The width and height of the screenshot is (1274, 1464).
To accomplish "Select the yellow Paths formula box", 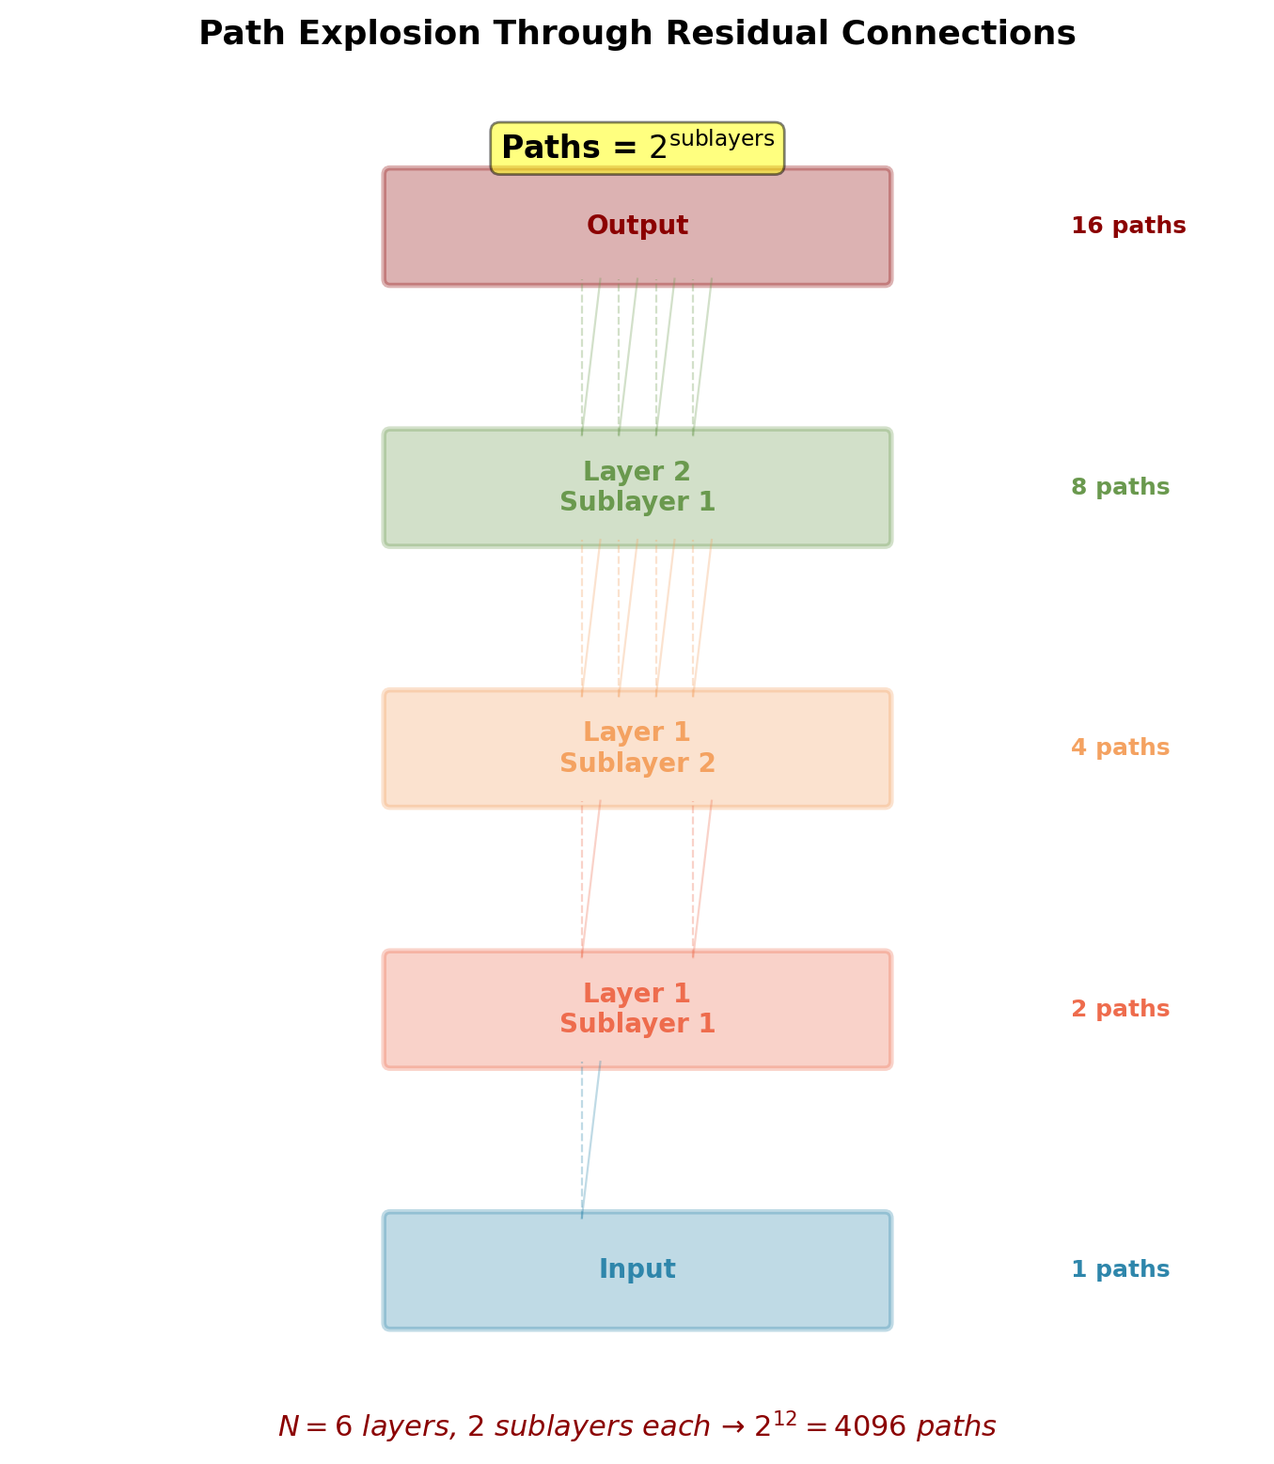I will (637, 148).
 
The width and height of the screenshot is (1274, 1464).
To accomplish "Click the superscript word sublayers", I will (721, 139).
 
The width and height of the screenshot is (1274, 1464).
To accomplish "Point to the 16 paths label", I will (1127, 227).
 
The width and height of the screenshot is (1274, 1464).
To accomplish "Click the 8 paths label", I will (1120, 488).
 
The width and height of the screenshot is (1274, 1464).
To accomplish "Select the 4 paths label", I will (1120, 748).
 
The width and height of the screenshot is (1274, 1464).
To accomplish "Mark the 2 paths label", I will (1120, 1010).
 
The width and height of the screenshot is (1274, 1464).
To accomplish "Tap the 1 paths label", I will (1120, 1270).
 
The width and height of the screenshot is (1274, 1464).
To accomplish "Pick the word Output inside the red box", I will (637, 227).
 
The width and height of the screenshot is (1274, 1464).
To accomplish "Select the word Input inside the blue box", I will (637, 1270).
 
